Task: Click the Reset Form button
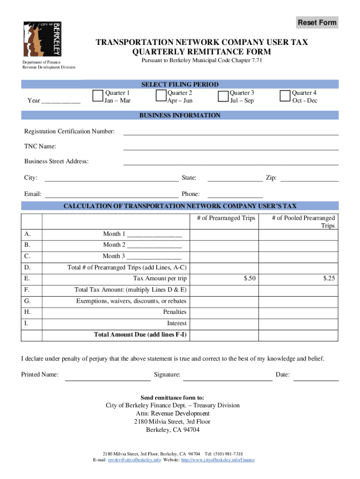317,22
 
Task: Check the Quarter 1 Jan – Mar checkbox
98,96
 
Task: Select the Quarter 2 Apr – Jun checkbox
160,96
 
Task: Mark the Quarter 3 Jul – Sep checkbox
223,96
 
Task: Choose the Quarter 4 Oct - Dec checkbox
285,96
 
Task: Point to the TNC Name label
40,146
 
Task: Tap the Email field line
111,196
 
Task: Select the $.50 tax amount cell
250,278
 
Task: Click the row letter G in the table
28,301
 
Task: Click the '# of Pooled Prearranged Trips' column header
303,222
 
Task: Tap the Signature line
227,380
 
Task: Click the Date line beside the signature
316,380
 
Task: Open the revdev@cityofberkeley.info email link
135,460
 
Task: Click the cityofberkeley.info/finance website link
217,460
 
